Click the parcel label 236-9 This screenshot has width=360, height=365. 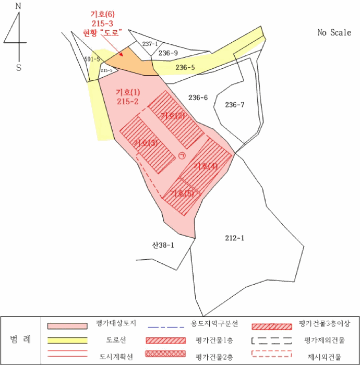169,53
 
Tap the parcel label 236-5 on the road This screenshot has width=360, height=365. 185,67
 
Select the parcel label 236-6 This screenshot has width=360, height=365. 198,98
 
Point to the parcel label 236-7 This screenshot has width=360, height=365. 235,105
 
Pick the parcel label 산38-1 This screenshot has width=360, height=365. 163,244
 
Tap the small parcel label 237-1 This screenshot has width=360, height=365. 150,44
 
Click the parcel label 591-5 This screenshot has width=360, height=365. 92,59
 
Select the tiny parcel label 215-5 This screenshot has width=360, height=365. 106,70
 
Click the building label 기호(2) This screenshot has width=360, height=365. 173,115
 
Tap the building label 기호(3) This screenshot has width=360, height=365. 146,143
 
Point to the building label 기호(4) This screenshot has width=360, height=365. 205,166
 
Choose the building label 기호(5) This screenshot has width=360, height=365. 182,193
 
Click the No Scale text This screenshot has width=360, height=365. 334,32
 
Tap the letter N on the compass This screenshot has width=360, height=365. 19,7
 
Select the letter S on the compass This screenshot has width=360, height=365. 19,68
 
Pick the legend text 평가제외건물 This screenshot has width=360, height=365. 324,340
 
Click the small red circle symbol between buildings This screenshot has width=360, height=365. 182,155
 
